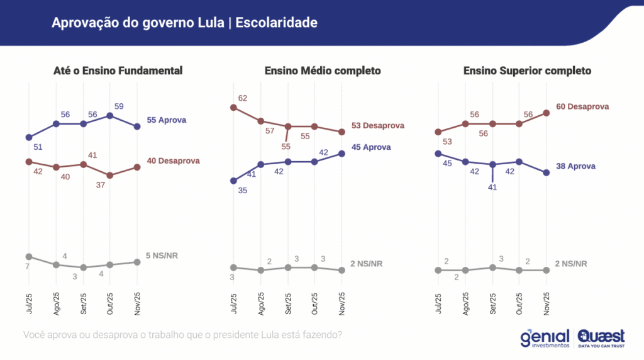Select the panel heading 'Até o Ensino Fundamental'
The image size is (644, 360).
tap(118, 70)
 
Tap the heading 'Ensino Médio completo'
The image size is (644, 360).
tap(323, 70)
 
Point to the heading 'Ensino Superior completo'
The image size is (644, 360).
tap(527, 70)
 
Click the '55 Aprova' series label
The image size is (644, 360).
tap(167, 120)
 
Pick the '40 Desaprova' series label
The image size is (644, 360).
tap(173, 160)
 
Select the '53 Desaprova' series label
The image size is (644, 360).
tap(377, 126)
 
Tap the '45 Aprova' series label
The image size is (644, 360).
tap(371, 147)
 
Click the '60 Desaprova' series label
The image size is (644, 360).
tap(582, 106)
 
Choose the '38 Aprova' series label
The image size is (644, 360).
tap(575, 166)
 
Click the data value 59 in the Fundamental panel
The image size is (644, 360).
tap(118, 106)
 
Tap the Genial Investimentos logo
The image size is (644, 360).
tap(545, 338)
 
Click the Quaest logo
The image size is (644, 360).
tap(601, 338)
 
